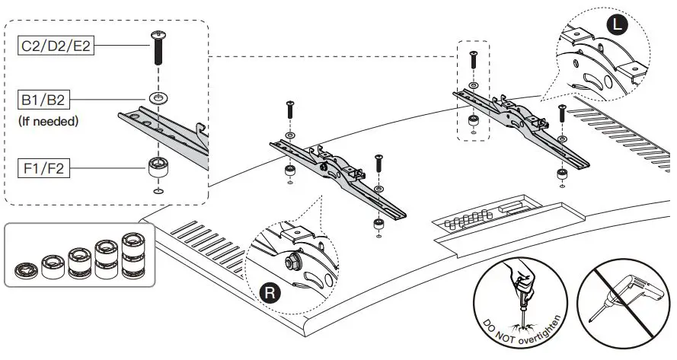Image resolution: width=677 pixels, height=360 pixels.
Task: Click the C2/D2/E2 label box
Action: (56, 46)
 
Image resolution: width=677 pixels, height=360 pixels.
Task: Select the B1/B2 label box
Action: (43, 100)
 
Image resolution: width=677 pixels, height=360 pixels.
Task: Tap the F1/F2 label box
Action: (43, 168)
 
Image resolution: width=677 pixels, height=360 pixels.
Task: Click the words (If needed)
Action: (49, 121)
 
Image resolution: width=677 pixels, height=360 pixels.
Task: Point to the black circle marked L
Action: (618, 24)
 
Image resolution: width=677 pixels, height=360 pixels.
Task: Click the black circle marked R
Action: (270, 293)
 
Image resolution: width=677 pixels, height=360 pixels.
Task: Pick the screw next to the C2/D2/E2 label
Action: (158, 47)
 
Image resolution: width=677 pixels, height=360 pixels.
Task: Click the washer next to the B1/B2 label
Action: (158, 98)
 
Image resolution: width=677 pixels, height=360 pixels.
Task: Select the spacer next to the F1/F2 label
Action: (158, 167)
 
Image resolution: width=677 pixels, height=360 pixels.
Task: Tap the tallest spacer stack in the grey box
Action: (133, 256)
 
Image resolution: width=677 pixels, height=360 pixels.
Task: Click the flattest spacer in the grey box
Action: (26, 271)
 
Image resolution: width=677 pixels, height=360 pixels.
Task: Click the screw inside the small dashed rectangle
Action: (473, 59)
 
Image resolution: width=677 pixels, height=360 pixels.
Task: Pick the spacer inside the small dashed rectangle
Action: (474, 120)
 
